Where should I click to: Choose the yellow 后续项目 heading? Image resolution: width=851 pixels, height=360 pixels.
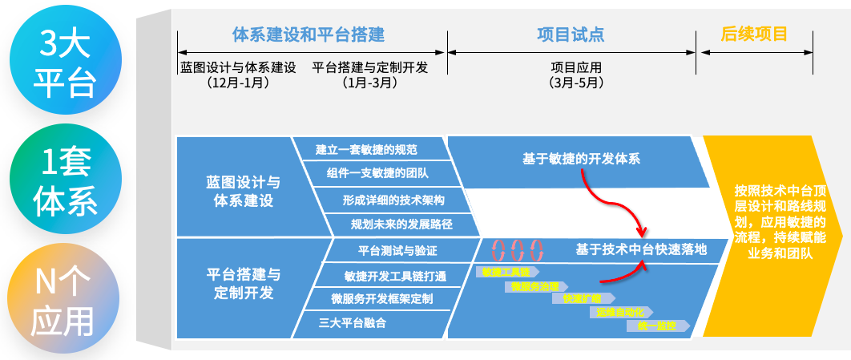(754, 34)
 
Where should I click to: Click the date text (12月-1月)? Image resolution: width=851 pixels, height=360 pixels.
(237, 83)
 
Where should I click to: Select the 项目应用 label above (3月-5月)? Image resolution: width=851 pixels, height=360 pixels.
(575, 67)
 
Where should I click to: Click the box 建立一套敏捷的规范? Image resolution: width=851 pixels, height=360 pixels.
(366, 150)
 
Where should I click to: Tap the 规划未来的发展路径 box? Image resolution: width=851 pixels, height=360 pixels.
(401, 224)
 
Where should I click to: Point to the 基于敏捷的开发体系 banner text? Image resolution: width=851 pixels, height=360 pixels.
(580, 159)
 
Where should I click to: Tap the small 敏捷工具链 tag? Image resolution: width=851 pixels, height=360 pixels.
(506, 271)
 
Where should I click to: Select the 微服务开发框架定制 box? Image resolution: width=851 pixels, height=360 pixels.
(382, 299)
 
